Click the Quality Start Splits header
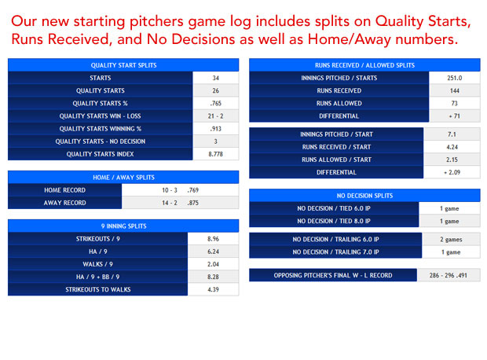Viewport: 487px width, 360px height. (123, 65)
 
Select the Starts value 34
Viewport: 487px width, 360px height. (215, 78)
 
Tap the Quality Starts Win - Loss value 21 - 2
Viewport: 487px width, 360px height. (215, 116)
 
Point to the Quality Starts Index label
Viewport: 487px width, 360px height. (100, 154)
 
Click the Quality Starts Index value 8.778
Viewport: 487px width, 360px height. (215, 154)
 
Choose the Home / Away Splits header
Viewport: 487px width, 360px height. (123, 178)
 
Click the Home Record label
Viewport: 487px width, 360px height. (64, 190)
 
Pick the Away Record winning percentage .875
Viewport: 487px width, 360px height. (193, 203)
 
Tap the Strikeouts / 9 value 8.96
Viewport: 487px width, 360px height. (213, 239)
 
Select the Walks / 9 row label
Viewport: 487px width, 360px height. (97, 264)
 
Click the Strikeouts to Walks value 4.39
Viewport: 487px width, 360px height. (213, 290)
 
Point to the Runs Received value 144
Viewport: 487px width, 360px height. (454, 90)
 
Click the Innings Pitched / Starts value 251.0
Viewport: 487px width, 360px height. (454, 78)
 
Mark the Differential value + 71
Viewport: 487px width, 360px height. (454, 116)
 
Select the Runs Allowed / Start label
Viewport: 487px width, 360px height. (336, 160)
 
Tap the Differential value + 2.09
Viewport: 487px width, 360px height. (452, 173)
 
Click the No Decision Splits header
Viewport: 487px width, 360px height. (364, 196)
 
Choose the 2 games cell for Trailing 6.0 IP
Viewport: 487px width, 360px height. (451, 240)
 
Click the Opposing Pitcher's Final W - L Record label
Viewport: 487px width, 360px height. (333, 275)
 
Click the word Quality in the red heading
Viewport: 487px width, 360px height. (399, 22)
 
